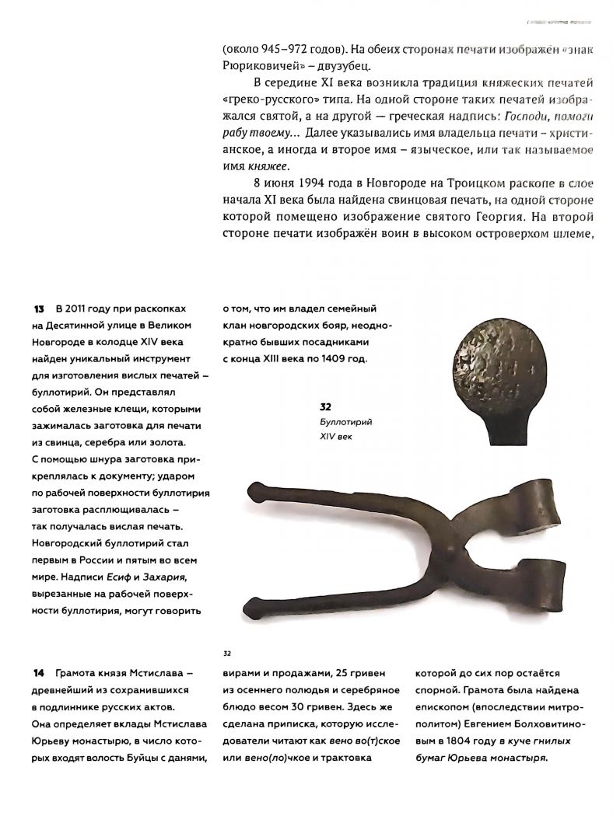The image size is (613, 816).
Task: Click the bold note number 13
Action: (39, 309)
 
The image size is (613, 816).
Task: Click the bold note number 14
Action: (39, 672)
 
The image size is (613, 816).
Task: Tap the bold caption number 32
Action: (326, 406)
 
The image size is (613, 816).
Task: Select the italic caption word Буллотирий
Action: (342, 422)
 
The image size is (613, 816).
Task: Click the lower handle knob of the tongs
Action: (254, 604)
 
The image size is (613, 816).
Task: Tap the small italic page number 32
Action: (228, 654)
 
